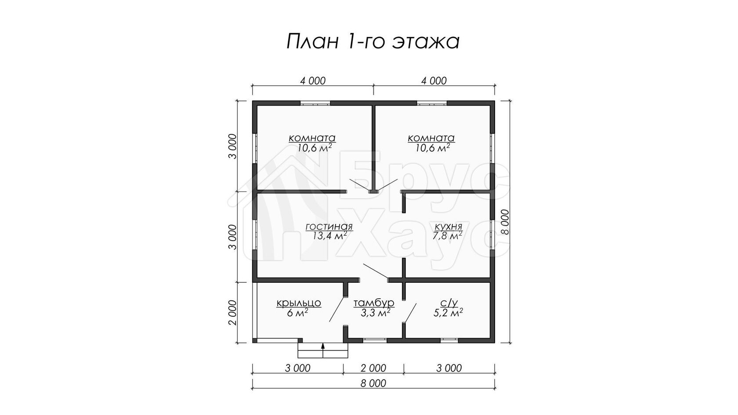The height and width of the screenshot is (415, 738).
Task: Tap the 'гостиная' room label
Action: (329, 227)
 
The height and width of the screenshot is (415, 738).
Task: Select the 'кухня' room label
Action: (448, 227)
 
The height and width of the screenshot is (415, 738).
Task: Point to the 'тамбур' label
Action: (374, 303)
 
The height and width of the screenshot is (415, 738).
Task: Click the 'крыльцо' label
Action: (299, 303)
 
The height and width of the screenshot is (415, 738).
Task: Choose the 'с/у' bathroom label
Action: (449, 303)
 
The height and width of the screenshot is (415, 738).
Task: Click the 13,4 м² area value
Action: (329, 236)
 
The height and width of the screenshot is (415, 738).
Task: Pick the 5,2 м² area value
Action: (448, 312)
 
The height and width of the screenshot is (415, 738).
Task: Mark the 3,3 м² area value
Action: (376, 312)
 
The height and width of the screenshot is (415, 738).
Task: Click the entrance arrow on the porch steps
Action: (323, 350)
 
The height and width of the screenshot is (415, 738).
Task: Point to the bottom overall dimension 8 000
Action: (373, 383)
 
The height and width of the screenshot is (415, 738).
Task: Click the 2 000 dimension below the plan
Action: (373, 368)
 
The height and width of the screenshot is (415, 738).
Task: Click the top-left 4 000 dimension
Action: (313, 81)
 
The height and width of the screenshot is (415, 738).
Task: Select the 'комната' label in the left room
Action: (312, 138)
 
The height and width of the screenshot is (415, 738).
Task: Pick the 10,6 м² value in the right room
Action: (433, 148)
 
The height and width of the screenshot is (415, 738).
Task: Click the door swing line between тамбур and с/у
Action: (410, 313)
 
